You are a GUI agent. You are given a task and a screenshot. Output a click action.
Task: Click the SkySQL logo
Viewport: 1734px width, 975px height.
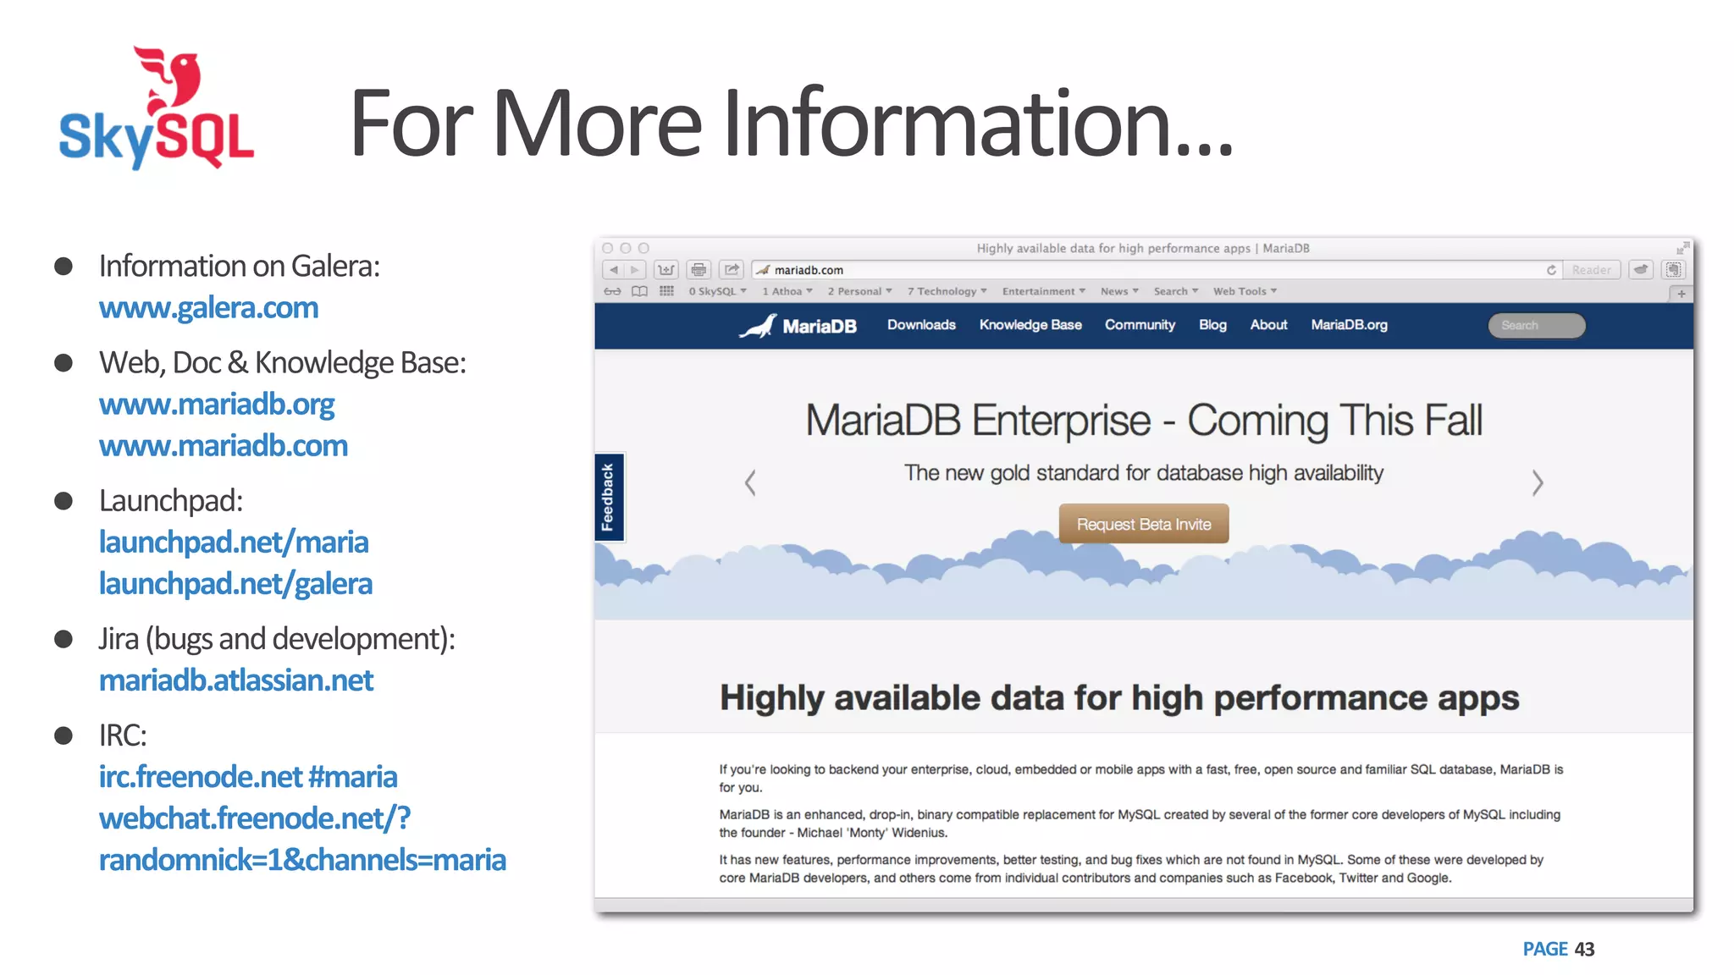(157, 110)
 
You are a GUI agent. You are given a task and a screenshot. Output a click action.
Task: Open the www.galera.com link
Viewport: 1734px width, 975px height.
(208, 308)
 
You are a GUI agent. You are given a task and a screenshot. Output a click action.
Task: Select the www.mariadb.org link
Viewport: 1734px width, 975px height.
(217, 405)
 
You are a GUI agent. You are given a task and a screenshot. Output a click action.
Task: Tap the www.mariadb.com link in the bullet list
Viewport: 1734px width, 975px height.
(224, 446)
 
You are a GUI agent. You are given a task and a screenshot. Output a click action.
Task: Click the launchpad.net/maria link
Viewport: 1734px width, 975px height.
(234, 543)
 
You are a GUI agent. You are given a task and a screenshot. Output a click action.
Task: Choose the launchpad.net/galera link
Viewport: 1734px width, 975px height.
(235, 584)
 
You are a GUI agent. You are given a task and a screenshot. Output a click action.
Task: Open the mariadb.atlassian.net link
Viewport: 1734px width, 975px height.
(236, 680)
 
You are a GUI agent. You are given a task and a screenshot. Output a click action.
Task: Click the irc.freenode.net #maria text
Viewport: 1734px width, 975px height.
(248, 777)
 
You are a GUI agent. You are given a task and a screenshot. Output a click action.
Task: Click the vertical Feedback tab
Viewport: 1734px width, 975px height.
(608, 497)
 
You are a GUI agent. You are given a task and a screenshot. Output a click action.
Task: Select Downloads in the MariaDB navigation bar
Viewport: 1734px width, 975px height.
(921, 325)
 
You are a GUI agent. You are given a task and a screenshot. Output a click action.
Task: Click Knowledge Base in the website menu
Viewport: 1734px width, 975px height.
(1030, 325)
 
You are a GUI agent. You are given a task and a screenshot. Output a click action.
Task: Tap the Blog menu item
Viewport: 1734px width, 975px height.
(1212, 325)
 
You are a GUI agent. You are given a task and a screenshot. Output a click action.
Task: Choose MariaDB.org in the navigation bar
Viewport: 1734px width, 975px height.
(1349, 325)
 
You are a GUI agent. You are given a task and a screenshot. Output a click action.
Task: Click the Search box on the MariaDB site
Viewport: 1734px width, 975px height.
(1537, 326)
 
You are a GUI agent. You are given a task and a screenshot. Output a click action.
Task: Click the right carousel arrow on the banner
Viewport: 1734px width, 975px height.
(1538, 483)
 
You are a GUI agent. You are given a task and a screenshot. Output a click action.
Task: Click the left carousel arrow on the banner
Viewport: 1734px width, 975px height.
(750, 483)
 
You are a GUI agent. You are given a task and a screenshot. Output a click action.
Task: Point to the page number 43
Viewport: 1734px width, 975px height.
(1584, 950)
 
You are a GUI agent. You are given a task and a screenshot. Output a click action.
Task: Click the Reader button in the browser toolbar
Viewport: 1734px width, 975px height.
(1591, 270)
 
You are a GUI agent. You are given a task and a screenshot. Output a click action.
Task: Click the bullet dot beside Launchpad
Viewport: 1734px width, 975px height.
(64, 501)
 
